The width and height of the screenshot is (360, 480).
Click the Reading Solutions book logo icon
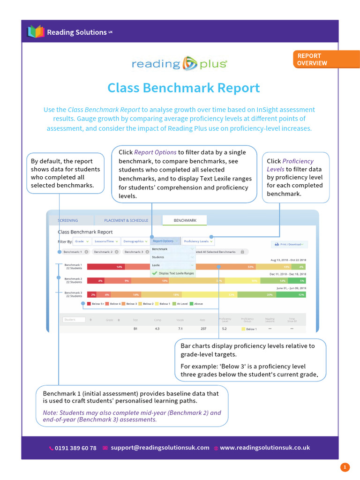click(36, 32)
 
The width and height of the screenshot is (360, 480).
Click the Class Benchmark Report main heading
click(183, 88)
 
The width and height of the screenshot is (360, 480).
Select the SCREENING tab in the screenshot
click(68, 220)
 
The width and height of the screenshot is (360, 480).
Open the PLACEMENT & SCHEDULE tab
click(126, 220)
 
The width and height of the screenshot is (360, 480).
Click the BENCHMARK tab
click(185, 220)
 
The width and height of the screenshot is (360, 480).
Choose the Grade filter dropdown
click(82, 241)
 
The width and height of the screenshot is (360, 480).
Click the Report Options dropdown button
click(165, 241)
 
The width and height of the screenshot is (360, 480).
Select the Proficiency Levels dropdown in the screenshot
click(198, 241)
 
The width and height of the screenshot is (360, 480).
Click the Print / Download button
click(289, 244)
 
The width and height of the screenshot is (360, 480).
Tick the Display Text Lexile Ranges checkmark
click(154, 273)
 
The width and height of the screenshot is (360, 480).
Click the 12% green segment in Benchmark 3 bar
click(301, 295)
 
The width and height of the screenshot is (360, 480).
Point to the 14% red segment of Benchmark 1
click(120, 267)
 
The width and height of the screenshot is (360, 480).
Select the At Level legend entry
click(182, 304)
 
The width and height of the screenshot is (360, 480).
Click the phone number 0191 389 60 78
click(75, 448)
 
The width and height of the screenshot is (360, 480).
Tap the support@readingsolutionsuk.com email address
click(160, 448)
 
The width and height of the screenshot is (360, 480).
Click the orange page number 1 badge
click(345, 467)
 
